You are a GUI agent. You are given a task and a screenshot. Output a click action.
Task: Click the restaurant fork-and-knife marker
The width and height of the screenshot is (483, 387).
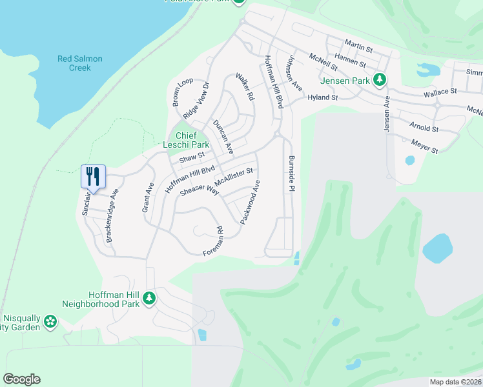point(92,176)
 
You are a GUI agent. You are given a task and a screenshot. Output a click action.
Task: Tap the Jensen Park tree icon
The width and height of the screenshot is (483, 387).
point(381,80)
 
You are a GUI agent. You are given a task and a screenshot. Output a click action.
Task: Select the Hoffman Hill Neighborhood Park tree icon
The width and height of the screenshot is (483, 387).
point(149,298)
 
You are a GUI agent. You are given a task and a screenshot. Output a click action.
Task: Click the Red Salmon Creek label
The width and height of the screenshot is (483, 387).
point(80,63)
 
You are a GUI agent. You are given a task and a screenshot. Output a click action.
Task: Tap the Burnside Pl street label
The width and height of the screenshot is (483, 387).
point(292,173)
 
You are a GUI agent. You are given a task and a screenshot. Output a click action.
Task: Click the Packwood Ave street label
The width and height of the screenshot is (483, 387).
point(251,203)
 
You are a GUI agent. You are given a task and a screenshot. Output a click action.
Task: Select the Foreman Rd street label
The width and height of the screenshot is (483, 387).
point(214,239)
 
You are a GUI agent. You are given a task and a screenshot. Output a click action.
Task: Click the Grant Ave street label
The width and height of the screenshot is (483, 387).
point(149,197)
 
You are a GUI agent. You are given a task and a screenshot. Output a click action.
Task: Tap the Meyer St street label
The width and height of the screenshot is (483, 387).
point(425,148)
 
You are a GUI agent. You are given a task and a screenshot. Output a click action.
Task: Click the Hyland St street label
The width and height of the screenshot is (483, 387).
point(323,97)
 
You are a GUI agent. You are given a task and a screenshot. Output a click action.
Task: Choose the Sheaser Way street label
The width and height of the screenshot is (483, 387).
point(200,190)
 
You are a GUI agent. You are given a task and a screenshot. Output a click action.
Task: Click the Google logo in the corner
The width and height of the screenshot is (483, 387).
point(21,379)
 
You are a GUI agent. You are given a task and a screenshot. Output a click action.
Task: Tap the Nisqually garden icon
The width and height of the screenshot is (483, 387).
point(50,321)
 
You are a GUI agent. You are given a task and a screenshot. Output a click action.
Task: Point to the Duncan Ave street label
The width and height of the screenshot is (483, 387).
point(223,136)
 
